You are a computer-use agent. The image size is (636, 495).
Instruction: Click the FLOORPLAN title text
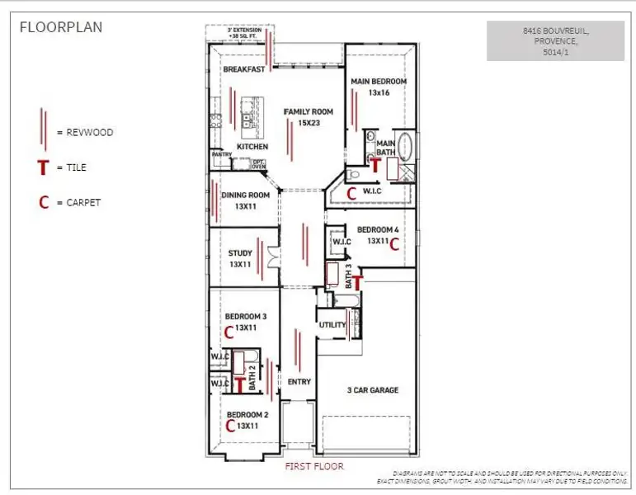[61, 26]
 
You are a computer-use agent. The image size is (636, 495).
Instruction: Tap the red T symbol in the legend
[44, 167]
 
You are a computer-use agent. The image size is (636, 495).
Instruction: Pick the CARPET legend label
[83, 202]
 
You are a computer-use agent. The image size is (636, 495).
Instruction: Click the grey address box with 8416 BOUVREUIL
[555, 41]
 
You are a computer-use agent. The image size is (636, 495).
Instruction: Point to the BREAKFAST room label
[244, 69]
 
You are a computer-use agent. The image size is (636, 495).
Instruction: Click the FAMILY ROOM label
[308, 111]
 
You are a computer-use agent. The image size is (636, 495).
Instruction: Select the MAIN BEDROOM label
[379, 82]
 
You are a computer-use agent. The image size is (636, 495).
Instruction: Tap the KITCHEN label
[252, 146]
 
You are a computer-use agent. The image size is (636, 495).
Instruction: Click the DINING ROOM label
[246, 195]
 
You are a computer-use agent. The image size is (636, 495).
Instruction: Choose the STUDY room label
[240, 253]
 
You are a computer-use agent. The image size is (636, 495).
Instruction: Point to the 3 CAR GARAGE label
[373, 390]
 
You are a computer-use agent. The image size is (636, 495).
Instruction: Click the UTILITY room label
[332, 325]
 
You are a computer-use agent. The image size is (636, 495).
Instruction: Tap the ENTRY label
[299, 382]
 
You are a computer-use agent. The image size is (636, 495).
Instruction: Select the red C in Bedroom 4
[394, 243]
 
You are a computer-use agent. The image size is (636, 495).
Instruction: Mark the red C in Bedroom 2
[230, 426]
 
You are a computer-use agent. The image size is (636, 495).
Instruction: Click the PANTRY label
[221, 154]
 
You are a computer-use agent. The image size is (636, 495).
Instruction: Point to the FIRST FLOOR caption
[313, 466]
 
